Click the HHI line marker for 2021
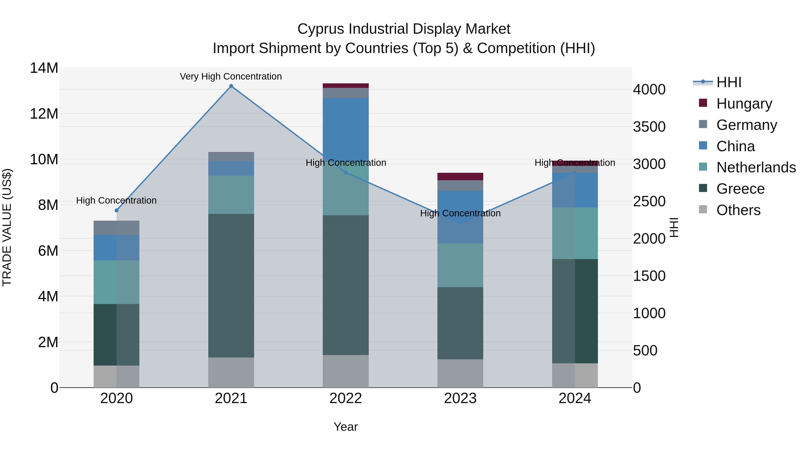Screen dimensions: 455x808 tap(231, 86)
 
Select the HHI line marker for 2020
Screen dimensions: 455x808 tap(117, 210)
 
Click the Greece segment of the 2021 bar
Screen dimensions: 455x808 tap(231, 286)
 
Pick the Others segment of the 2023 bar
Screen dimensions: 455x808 tap(460, 373)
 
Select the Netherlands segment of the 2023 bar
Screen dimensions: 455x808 tap(460, 265)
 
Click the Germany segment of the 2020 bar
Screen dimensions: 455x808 tap(117, 228)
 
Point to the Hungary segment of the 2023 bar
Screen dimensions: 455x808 tap(460, 176)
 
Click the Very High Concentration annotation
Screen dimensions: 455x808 tap(231, 76)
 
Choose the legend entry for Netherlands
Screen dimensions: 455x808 tap(756, 167)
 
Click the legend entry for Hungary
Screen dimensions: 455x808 tap(744, 103)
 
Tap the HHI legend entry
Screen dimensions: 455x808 tap(729, 82)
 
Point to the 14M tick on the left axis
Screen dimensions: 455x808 tap(44, 68)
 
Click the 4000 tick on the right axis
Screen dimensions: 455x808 tap(649, 89)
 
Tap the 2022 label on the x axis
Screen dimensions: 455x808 tap(346, 398)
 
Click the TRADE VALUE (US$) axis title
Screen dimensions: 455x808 tap(7, 227)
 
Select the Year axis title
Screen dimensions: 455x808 tap(346, 427)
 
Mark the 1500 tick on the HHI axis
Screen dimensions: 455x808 tap(649, 276)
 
